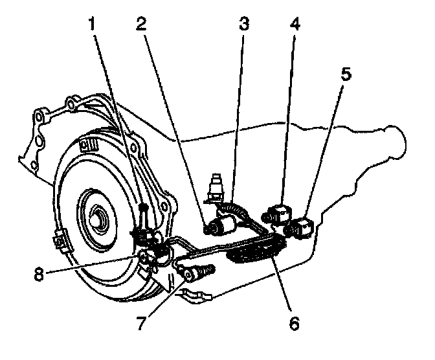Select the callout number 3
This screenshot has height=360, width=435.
(243, 23)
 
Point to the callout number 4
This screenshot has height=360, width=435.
(295, 23)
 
